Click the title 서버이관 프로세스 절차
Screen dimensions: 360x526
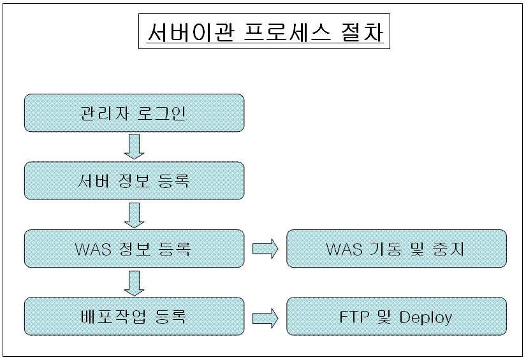click(264, 32)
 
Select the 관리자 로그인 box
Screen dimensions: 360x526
click(135, 113)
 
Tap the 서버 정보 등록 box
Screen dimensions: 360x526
click(135, 180)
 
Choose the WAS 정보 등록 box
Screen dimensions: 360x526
click(135, 248)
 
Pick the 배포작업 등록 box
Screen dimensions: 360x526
click(135, 316)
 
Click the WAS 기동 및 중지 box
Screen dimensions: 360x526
click(396, 248)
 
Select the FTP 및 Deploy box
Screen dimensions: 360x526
click(396, 316)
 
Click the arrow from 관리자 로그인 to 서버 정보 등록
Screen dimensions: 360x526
click(134, 147)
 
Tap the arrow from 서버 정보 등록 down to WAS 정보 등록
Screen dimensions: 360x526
click(134, 215)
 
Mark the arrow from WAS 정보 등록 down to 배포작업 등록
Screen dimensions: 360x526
click(134, 282)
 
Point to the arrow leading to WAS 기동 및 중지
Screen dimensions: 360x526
click(265, 248)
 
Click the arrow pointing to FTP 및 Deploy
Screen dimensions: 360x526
click(265, 317)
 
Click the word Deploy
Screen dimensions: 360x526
click(426, 317)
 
